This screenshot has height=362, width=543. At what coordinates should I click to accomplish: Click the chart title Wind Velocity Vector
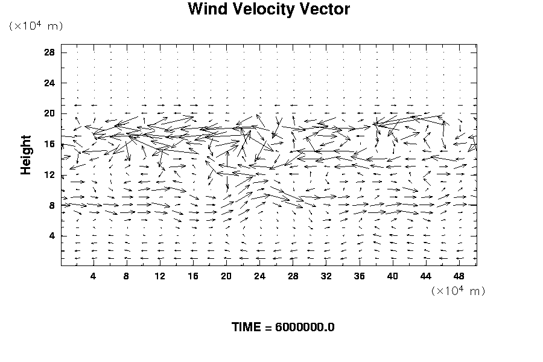pyautogui.click(x=268, y=10)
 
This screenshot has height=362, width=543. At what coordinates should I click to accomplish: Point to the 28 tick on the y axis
pyautogui.click(x=50, y=52)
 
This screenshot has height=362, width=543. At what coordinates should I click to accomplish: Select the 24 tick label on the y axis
pyautogui.click(x=50, y=83)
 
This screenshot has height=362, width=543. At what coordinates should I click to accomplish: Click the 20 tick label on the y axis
pyautogui.click(x=50, y=113)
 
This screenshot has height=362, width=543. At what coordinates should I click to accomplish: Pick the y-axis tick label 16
pyautogui.click(x=50, y=144)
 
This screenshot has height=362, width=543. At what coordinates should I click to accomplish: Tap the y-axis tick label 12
pyautogui.click(x=50, y=175)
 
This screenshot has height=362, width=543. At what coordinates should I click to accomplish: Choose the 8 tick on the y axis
pyautogui.click(x=52, y=206)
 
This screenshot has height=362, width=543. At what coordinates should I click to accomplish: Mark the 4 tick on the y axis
pyautogui.click(x=52, y=236)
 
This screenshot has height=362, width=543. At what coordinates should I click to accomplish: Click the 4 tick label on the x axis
pyautogui.click(x=93, y=276)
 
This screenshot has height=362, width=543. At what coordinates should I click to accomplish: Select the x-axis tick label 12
pyautogui.click(x=159, y=276)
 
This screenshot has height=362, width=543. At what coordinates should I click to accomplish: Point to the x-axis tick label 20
pyautogui.click(x=226, y=276)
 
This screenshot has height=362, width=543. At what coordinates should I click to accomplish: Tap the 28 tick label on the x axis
pyautogui.click(x=293, y=276)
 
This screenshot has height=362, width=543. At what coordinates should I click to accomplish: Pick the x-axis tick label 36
pyautogui.click(x=360, y=276)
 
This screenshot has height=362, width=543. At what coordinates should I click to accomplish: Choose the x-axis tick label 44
pyautogui.click(x=426, y=276)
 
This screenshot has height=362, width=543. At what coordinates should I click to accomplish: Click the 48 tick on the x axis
pyautogui.click(x=459, y=276)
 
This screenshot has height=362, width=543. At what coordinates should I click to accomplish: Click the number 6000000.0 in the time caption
pyautogui.click(x=305, y=328)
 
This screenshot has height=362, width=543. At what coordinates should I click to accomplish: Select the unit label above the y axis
pyautogui.click(x=36, y=26)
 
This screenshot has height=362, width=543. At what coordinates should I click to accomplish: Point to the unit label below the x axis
pyautogui.click(x=458, y=291)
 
